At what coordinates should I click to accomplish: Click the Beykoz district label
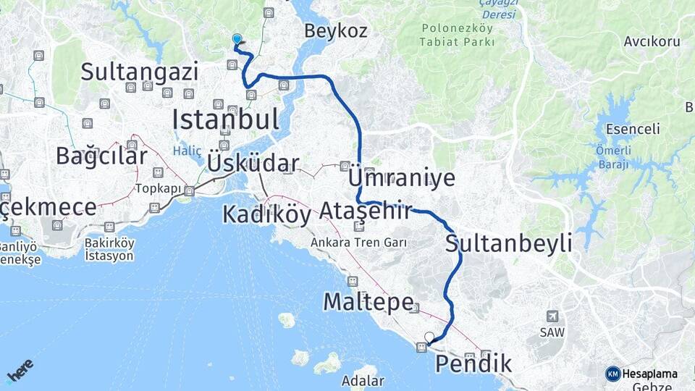336,31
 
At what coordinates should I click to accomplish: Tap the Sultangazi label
139,72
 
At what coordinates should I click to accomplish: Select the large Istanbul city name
225,119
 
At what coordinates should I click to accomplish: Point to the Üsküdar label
253,163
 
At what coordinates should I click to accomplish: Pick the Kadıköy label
266,214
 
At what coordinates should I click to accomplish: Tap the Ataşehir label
365,211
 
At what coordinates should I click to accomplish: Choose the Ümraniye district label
401,178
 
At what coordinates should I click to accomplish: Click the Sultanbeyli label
508,243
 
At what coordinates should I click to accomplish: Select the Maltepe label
368,301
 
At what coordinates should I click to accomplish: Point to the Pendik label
473,363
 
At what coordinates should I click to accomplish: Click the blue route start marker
237,39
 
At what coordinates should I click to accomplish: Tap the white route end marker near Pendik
429,337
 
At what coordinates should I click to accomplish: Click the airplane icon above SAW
553,316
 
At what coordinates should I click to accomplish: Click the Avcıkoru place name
652,41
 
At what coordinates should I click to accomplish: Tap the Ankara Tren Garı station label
358,243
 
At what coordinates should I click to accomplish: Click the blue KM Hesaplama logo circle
612,374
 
